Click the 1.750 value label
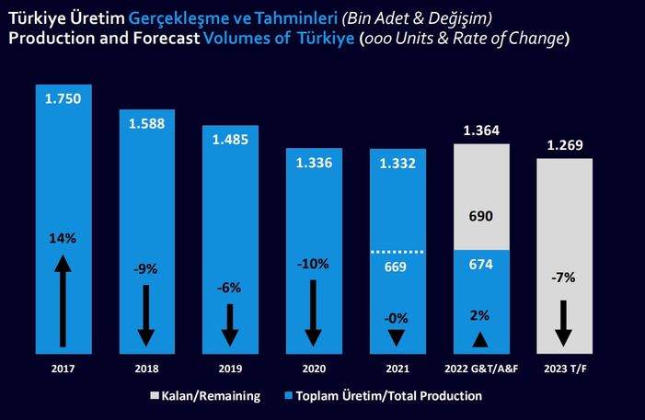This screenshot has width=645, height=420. coord(63,99)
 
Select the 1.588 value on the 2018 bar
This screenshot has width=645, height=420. coord(147,123)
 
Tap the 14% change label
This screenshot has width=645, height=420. coord(63,238)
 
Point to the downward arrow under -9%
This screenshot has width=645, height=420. coord(146,314)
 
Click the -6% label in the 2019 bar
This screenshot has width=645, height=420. coord(230,287)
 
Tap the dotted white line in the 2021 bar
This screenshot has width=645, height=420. coord(397,251)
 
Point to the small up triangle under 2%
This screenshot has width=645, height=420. coord(480,339)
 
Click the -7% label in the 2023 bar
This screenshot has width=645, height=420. coord(564,277)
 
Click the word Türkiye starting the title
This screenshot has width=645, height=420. coord(36,17)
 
